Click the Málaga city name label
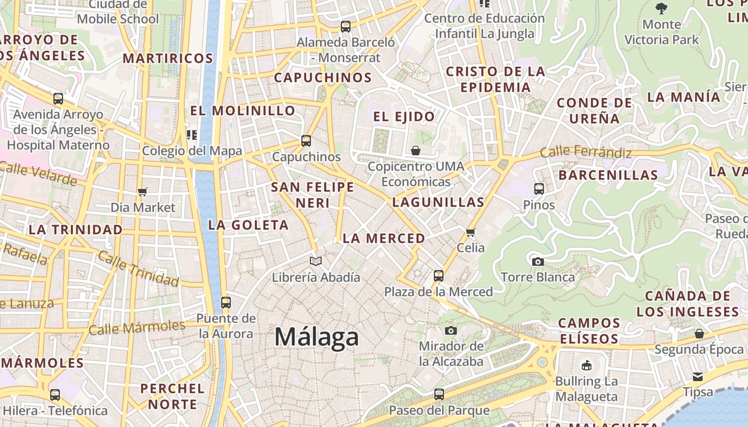[x=316, y=337]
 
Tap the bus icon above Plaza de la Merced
[x=439, y=276]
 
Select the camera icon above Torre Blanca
[x=537, y=262]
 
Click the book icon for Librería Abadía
[x=316, y=261]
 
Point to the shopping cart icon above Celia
[x=471, y=232]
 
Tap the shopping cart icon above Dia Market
[x=143, y=192]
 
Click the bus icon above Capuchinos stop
[x=306, y=141]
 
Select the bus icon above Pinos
[x=539, y=188]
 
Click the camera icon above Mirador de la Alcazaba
[x=451, y=330]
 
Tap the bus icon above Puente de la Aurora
[x=226, y=303]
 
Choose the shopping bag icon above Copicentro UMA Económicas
[x=416, y=151]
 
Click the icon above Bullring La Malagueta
[x=587, y=366]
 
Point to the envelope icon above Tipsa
[x=698, y=376]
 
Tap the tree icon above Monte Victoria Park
[x=661, y=8]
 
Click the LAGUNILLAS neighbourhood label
[x=438, y=202]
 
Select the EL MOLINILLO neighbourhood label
[x=243, y=110]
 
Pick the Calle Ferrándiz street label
[x=586, y=153]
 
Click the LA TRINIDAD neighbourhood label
[x=75, y=230]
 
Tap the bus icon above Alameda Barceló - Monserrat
[x=346, y=26]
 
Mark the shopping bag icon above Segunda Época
[x=699, y=334]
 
